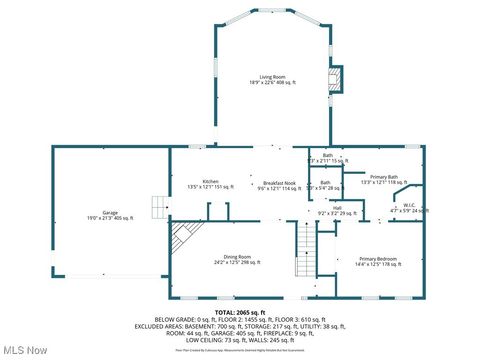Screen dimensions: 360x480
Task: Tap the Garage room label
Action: coord(110,213)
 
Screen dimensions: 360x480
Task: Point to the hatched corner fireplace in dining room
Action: coord(181,238)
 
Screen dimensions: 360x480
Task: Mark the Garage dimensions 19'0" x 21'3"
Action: coord(110,219)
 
